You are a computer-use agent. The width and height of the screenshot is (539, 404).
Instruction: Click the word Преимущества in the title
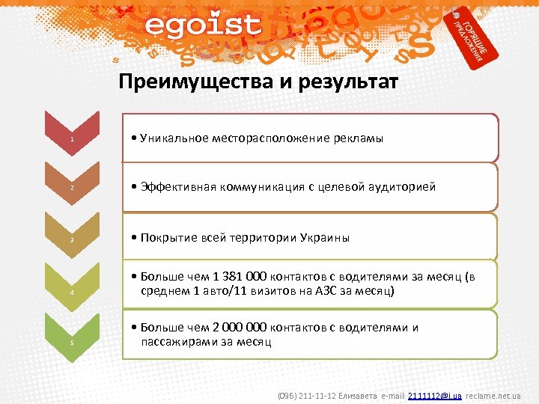187,82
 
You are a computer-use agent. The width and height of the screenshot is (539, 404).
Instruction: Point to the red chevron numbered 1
72,137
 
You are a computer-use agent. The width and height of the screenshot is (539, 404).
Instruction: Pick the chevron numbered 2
72,186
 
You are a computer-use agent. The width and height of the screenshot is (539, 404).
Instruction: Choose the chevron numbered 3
72,237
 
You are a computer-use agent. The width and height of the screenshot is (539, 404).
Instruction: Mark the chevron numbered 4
72,289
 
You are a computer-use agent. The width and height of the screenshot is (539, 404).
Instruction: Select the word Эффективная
178,187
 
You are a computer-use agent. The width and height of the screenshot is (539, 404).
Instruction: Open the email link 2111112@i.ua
439,394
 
